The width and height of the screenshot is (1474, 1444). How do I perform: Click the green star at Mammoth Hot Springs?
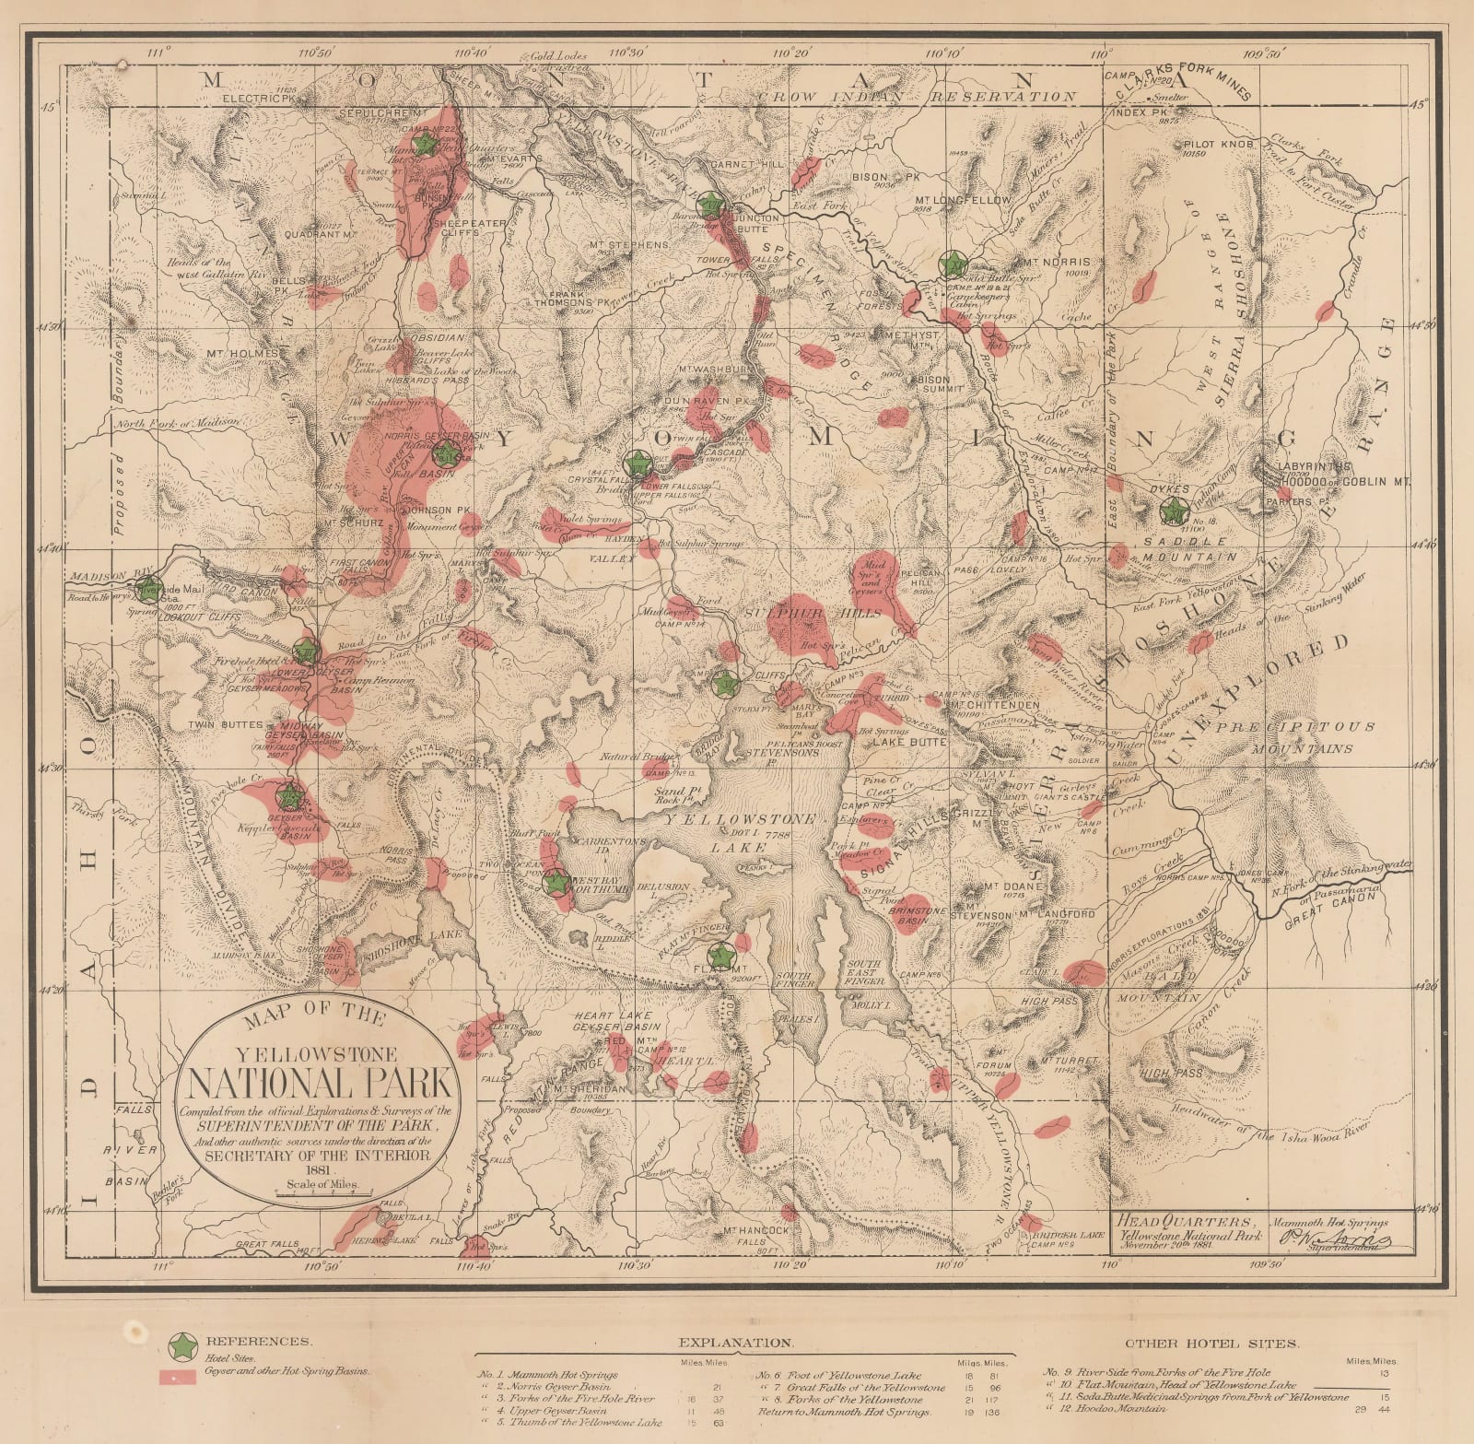pos(425,144)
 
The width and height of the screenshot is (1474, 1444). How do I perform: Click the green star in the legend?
pos(185,1346)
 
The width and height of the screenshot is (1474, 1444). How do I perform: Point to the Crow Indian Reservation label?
pos(917,96)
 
